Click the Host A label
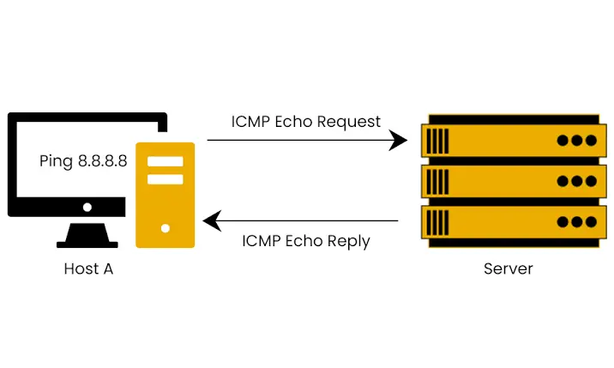coord(88,268)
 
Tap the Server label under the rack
coord(508,268)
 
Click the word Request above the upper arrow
coord(349,121)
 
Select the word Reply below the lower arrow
coord(348,241)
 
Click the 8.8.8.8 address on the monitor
coord(103,160)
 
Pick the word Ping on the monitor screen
coord(57,160)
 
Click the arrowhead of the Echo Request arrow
coord(400,141)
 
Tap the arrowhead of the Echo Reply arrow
coord(210,222)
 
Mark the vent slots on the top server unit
coord(437,140)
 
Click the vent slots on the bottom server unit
coord(437,222)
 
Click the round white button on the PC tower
coord(166,228)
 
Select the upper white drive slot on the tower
coord(166,160)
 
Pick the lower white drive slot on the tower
coord(166,178)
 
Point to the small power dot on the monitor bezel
coord(87,207)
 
